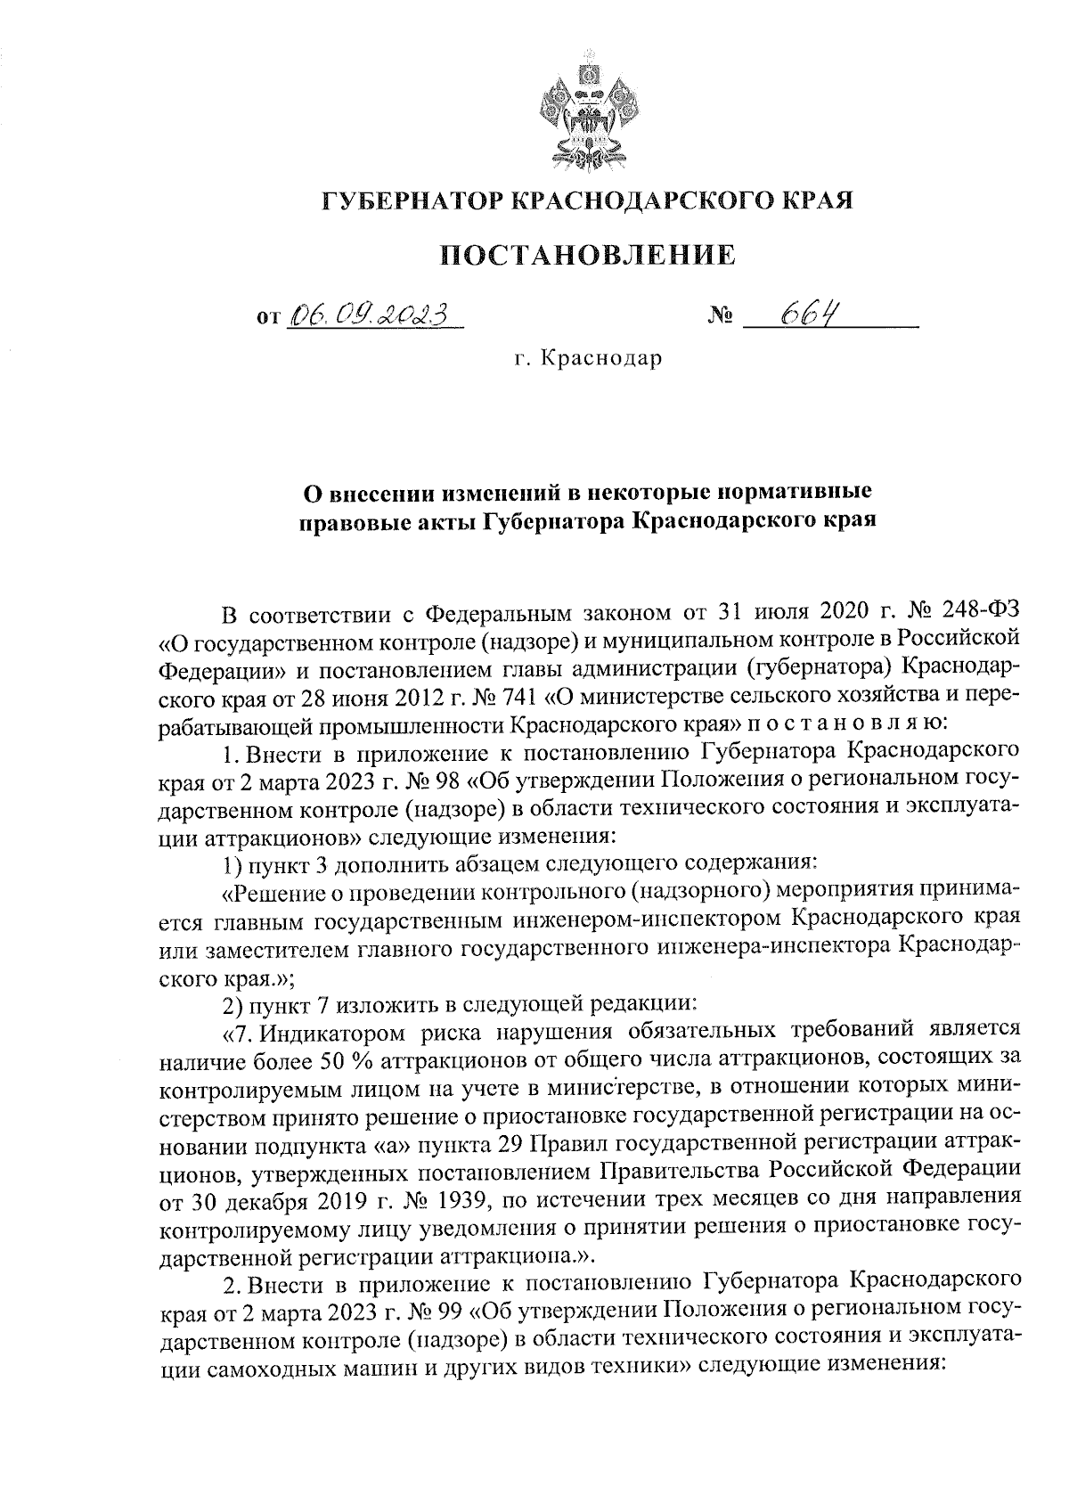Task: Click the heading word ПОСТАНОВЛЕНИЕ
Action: click(x=589, y=255)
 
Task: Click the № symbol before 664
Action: click(x=720, y=316)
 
